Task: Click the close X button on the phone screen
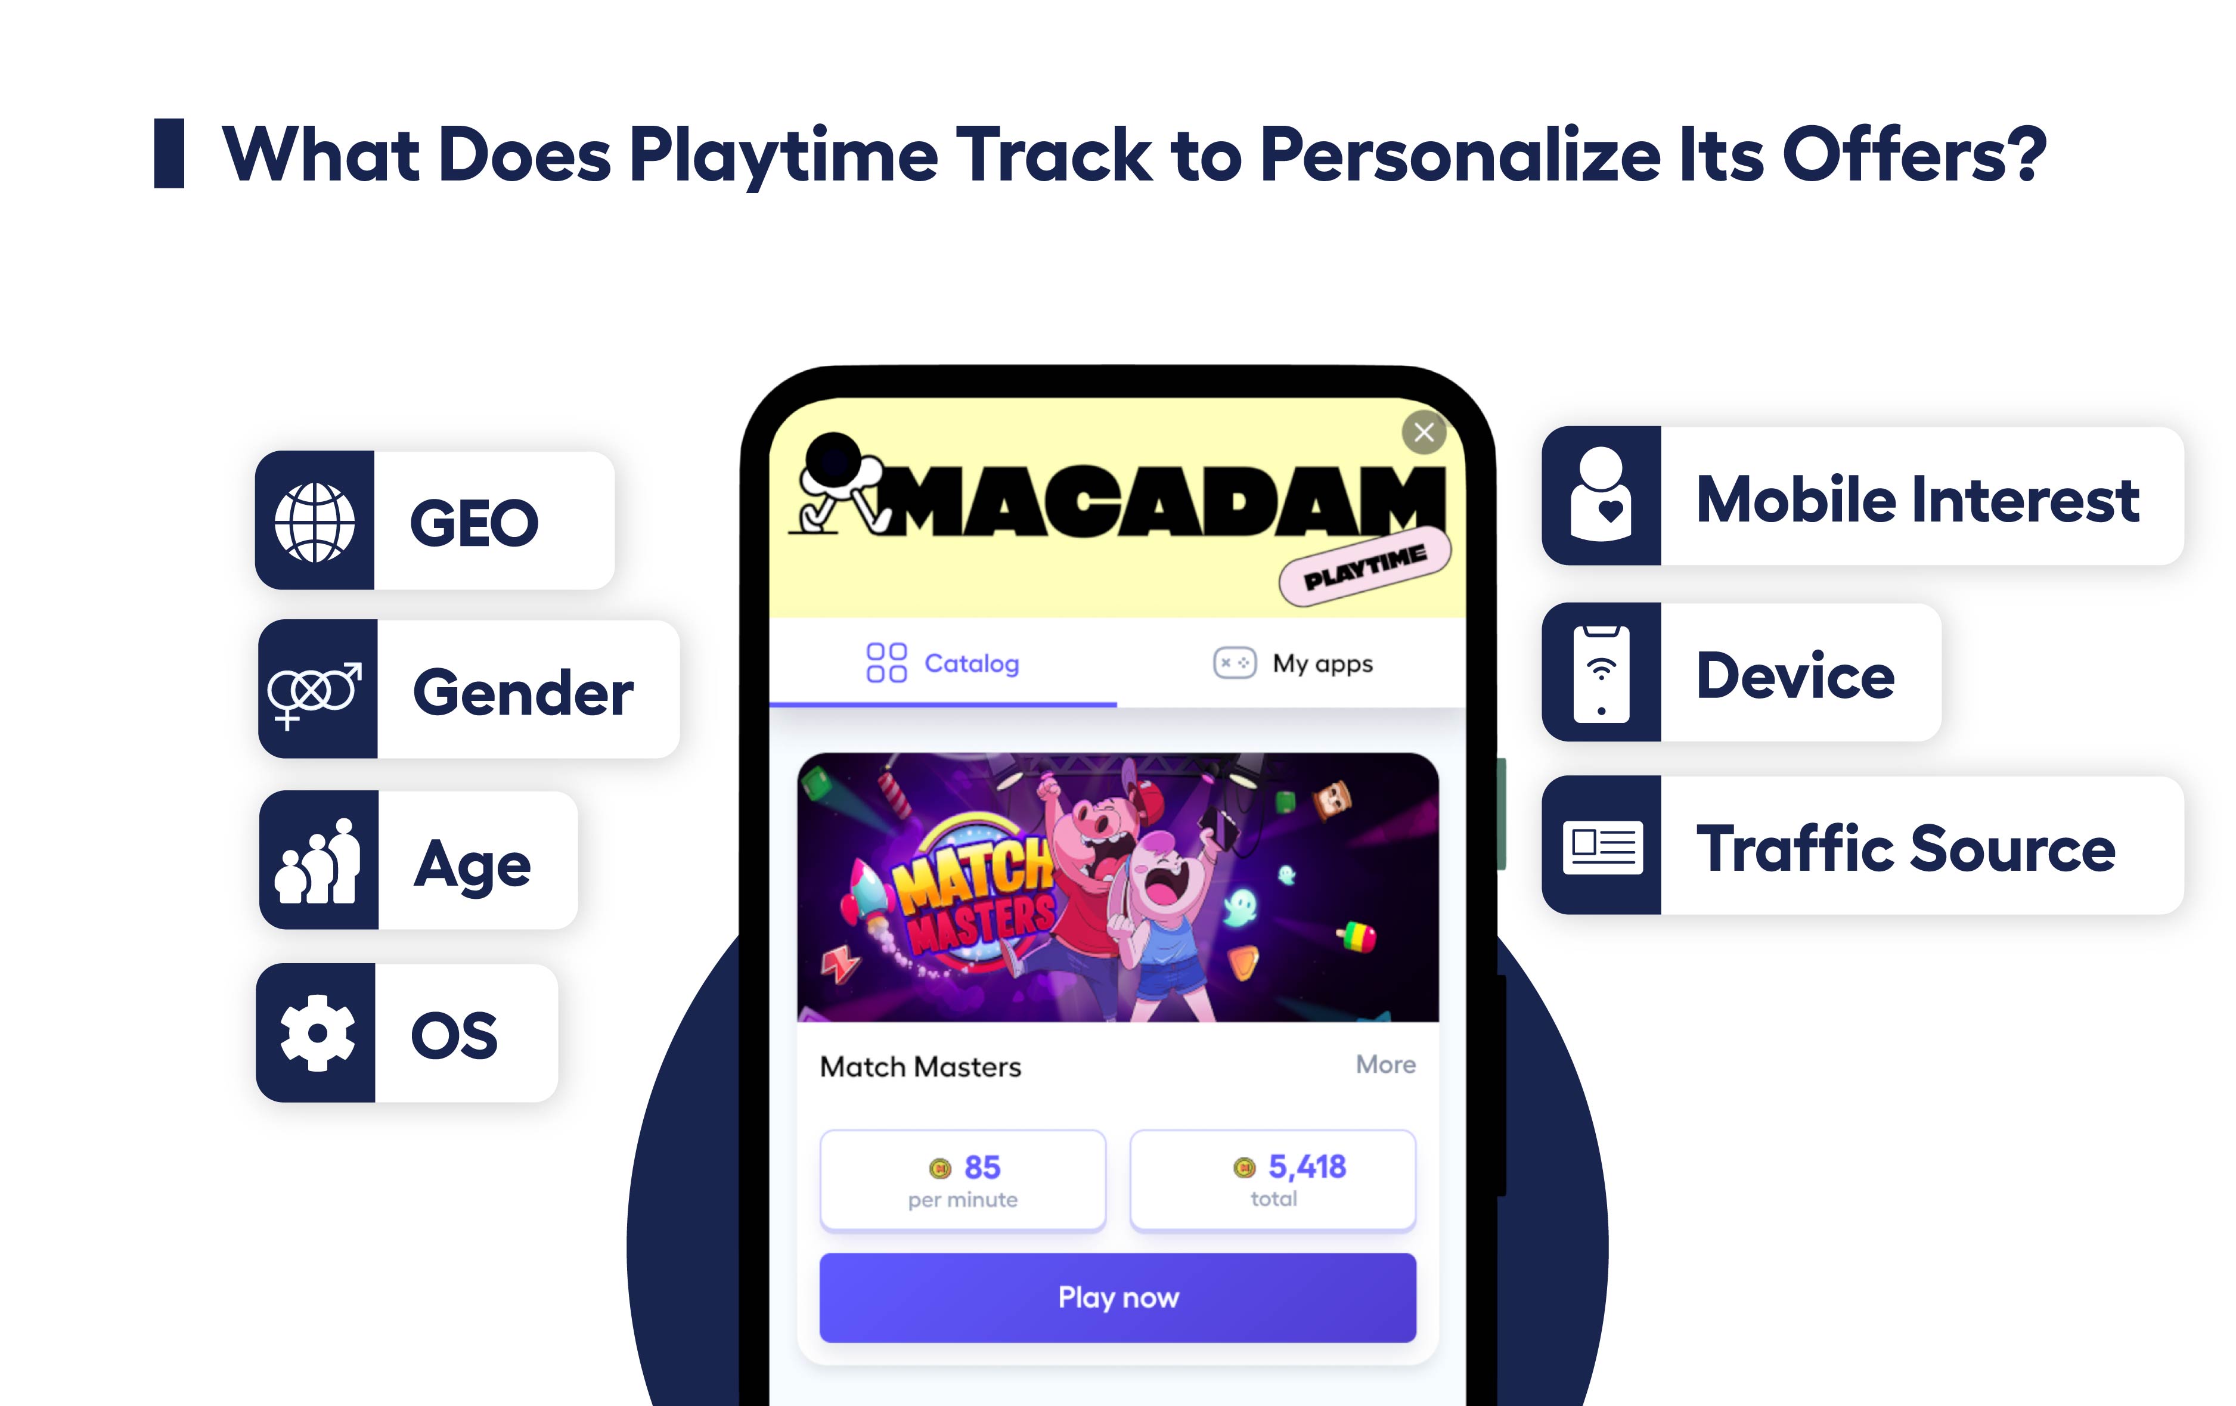click(x=1424, y=432)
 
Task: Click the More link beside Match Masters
click(x=1385, y=1064)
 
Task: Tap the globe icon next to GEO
click(x=315, y=522)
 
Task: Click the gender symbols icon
click(x=315, y=692)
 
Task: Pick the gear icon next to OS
click(x=317, y=1033)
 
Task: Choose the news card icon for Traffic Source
click(x=1602, y=846)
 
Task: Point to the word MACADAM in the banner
click(x=1161, y=501)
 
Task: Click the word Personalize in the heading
click(x=1460, y=154)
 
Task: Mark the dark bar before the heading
click(x=169, y=153)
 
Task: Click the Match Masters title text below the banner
click(x=920, y=1067)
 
